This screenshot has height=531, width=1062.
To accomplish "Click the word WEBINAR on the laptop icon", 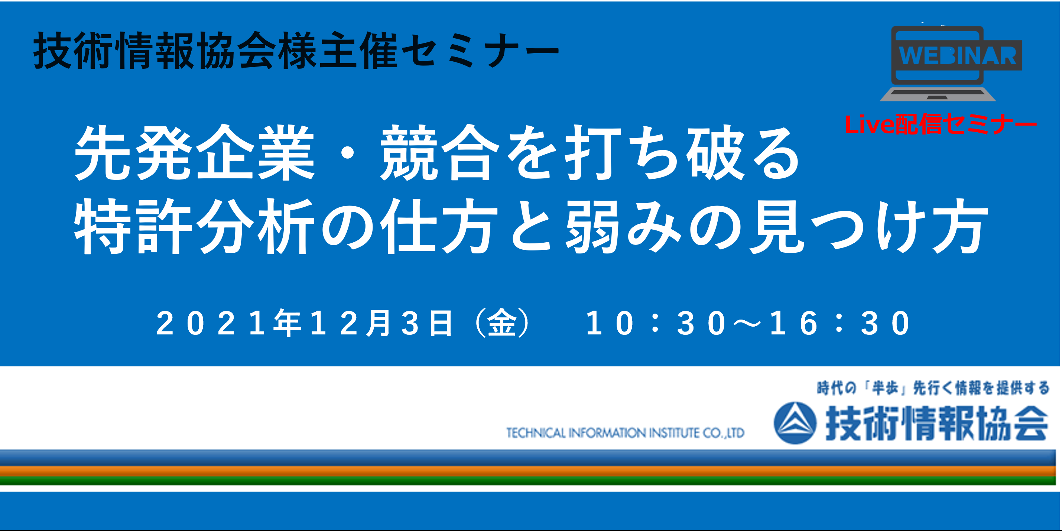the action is click(957, 56).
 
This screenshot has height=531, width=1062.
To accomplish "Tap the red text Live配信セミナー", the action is click(941, 124).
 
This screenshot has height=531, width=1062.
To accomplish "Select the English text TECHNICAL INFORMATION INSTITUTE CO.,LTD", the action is click(625, 433).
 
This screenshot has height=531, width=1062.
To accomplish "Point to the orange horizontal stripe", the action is click(528, 471).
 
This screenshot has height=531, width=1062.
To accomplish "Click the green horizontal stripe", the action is click(528, 481).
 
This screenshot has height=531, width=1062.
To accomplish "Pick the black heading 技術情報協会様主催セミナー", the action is click(296, 50).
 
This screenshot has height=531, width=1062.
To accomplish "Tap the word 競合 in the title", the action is click(440, 153).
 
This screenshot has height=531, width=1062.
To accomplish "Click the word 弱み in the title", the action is click(623, 226).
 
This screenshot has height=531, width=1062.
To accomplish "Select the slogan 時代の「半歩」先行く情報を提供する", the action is click(933, 388).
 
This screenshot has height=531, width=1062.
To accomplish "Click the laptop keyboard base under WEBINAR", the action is click(938, 93).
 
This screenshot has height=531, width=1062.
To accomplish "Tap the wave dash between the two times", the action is click(747, 324).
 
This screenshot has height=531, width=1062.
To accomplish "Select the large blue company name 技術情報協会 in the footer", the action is click(937, 423).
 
